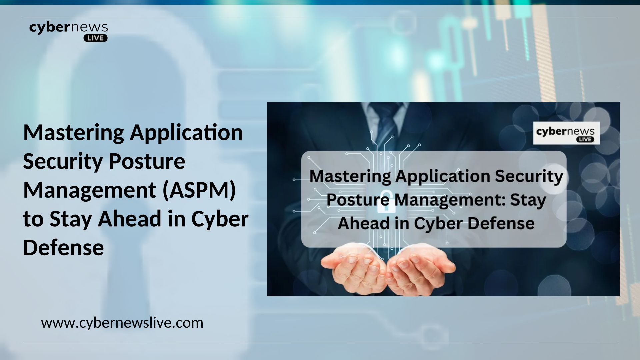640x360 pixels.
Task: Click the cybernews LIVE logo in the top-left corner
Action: pos(69,32)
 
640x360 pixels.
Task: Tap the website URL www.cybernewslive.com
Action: pos(122,323)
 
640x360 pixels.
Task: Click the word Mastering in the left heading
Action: pos(74,133)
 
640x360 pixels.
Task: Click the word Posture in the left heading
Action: pos(147,161)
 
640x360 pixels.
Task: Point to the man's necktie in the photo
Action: pos(386,120)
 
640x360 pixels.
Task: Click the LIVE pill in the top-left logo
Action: pos(95,38)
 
